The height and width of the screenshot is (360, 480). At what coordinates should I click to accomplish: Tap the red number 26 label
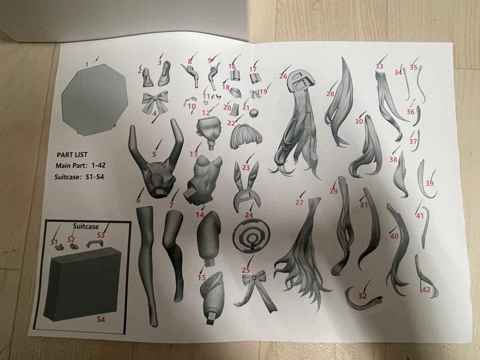point(283,76)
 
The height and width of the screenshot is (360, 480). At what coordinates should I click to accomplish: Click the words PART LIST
point(72,155)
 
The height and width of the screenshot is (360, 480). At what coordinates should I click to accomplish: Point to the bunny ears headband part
point(246,187)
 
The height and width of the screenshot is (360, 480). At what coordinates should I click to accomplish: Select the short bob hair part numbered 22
point(246,137)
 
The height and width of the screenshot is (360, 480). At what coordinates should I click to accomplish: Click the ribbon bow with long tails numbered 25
point(255,290)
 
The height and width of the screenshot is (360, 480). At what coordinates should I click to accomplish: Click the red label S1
point(54,242)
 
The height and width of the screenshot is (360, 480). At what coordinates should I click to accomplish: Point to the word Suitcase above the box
point(86,226)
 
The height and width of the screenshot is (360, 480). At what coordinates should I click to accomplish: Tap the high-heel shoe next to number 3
point(165,73)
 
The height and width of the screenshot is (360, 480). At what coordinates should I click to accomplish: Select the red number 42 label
point(426,290)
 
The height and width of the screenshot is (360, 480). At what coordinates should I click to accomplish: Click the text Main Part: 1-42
point(80,166)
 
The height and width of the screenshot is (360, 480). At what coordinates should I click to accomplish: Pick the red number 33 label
point(379,66)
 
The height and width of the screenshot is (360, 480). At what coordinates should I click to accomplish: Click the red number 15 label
point(201,277)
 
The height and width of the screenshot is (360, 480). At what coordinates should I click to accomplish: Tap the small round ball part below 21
point(254,113)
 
